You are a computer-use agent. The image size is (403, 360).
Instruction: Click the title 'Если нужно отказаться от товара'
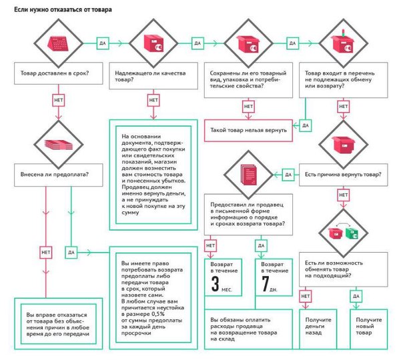click(63, 10)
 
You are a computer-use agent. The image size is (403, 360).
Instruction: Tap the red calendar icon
click(58, 43)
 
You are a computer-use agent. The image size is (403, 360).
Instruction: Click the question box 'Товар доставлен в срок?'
click(58, 73)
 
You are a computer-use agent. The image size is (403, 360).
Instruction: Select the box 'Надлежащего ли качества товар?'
click(153, 76)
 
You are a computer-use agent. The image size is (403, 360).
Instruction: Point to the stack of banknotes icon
click(59, 145)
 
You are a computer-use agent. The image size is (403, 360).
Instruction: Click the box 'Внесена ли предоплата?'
click(58, 175)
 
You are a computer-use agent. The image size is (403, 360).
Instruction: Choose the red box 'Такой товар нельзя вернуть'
click(248, 131)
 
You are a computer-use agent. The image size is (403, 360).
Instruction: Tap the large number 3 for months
click(215, 284)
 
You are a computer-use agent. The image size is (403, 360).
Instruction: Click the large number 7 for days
click(266, 284)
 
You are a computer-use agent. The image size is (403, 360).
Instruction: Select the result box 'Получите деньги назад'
click(318, 329)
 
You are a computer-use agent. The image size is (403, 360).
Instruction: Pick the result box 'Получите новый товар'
click(368, 329)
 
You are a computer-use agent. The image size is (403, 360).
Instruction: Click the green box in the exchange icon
click(352, 233)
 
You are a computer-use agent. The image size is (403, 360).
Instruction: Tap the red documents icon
click(248, 175)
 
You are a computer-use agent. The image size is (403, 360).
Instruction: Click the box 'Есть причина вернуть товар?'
click(344, 175)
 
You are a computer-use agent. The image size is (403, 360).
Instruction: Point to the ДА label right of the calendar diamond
click(103, 43)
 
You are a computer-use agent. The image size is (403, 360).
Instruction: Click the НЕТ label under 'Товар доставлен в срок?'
click(59, 100)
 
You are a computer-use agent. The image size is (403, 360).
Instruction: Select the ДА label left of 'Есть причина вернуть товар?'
click(288, 175)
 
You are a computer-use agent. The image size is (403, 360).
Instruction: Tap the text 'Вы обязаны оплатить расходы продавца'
click(240, 323)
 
